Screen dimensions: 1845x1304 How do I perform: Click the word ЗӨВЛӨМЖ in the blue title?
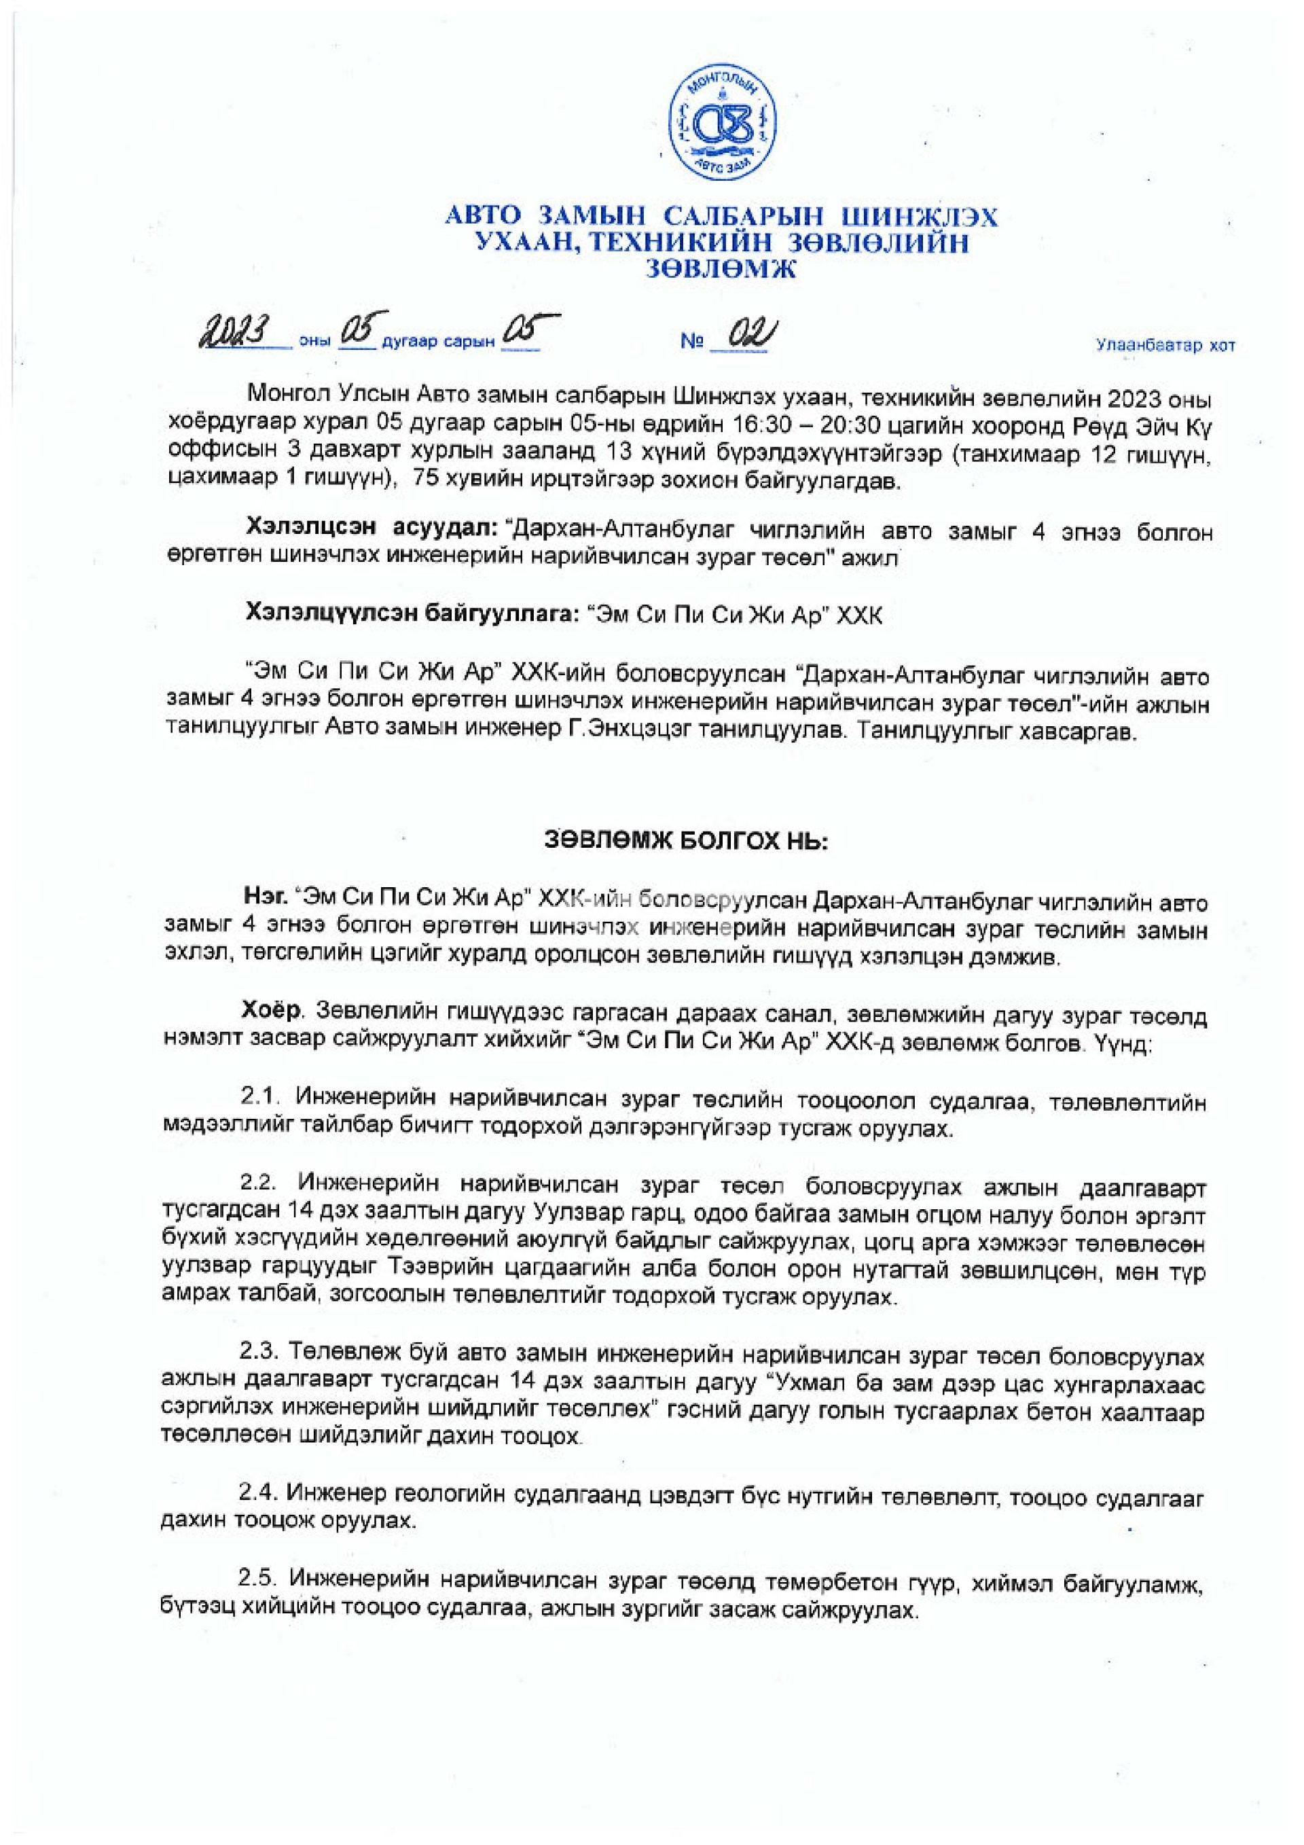(721, 270)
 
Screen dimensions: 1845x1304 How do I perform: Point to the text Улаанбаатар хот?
(1165, 346)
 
